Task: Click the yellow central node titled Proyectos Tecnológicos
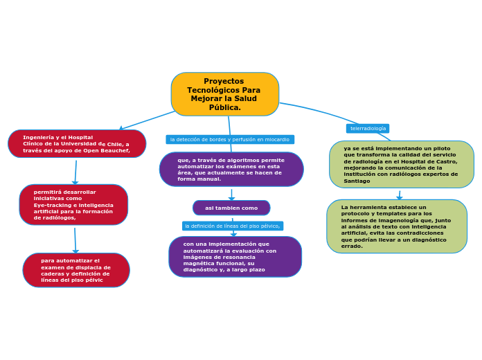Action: click(x=224, y=94)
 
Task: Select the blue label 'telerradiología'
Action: click(x=368, y=128)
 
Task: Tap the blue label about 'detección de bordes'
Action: click(x=230, y=139)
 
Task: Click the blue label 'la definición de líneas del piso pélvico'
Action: click(x=233, y=226)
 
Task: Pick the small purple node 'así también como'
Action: click(x=231, y=208)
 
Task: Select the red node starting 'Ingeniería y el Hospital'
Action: click(x=77, y=143)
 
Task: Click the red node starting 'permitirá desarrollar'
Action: click(x=73, y=204)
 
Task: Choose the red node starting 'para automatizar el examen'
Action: click(x=76, y=270)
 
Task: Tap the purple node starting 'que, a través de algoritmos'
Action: click(x=231, y=170)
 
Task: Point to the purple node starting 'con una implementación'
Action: click(x=235, y=257)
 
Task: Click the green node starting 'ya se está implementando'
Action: click(x=402, y=164)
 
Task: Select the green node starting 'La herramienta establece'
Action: click(x=397, y=226)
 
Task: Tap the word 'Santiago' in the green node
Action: click(x=357, y=181)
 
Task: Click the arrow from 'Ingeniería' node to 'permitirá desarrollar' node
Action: click(x=75, y=172)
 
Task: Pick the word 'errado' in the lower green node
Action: click(x=351, y=246)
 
